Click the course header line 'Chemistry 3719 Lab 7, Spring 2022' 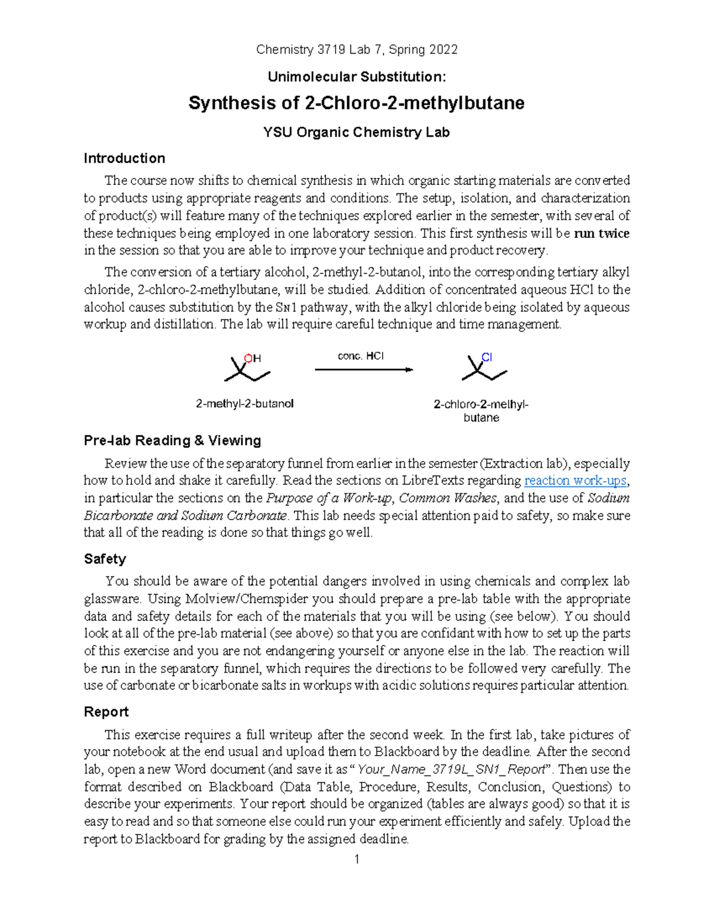click(x=356, y=50)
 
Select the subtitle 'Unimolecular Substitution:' click(x=356, y=77)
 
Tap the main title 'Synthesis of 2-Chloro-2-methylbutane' click(x=356, y=104)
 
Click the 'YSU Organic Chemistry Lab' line click(x=356, y=132)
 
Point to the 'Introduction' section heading click(x=124, y=158)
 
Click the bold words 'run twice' click(x=601, y=233)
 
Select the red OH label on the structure click(x=253, y=358)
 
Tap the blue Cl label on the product click(x=487, y=357)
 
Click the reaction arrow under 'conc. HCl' click(x=364, y=370)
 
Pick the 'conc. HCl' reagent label click(x=361, y=356)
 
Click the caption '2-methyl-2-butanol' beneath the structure click(x=245, y=403)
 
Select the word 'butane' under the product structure click(x=481, y=418)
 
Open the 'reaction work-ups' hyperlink click(x=575, y=480)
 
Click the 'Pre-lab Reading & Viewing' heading click(x=173, y=440)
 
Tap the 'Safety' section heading click(x=105, y=559)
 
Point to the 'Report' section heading click(x=106, y=712)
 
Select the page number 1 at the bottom click(x=356, y=859)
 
